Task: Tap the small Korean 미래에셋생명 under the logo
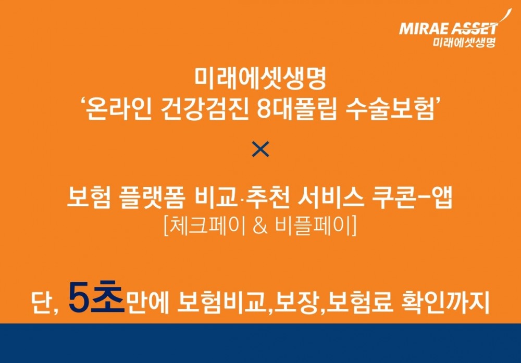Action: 463,42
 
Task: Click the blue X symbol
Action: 260,150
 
